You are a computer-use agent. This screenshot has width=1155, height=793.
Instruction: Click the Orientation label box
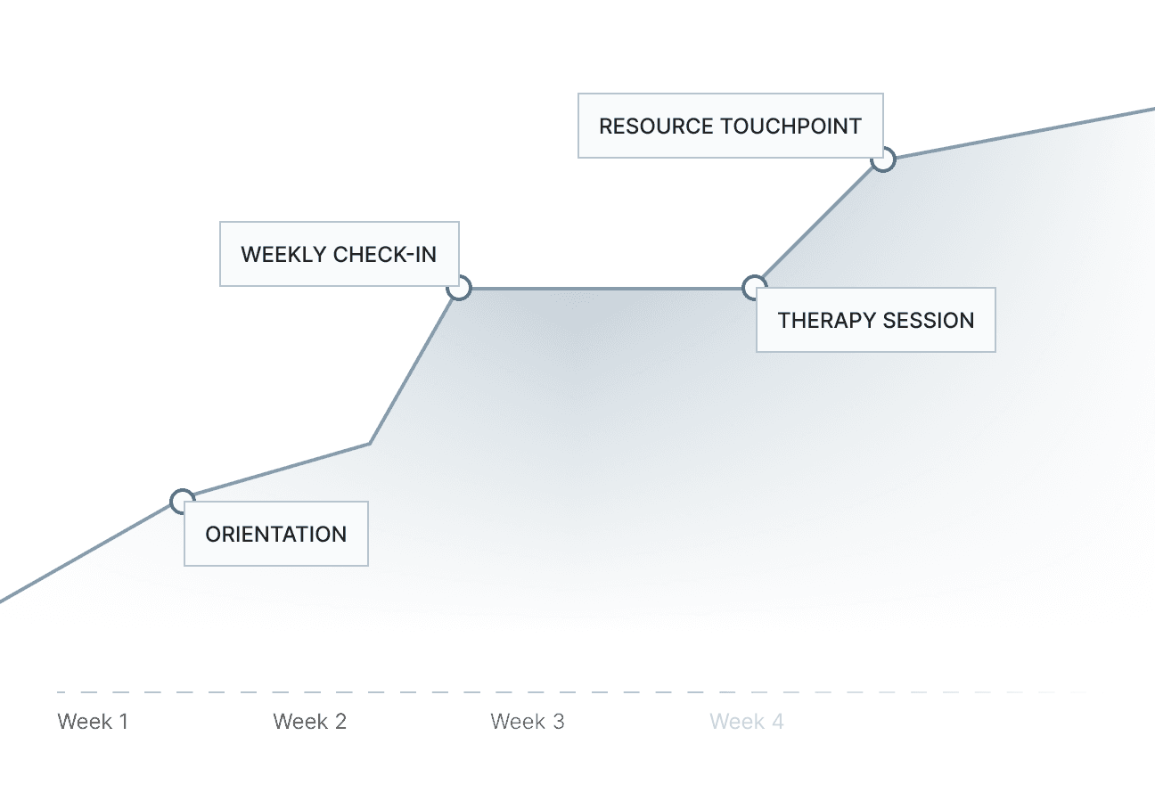(275, 534)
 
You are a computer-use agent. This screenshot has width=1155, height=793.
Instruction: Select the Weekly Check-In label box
(339, 254)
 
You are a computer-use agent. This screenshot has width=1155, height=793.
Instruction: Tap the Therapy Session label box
(875, 320)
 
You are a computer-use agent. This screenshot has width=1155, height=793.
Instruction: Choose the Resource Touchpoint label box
(730, 126)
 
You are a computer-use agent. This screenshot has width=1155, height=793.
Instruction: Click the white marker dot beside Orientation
(182, 500)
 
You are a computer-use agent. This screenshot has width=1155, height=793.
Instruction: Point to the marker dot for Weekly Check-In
(459, 288)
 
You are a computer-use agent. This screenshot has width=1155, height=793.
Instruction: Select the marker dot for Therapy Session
(754, 287)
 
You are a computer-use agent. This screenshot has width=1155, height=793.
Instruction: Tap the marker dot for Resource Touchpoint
(882, 159)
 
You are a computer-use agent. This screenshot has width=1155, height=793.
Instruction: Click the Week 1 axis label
(93, 721)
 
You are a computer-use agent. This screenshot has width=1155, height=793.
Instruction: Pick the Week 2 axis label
(309, 721)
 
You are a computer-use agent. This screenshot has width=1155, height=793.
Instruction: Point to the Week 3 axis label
(527, 721)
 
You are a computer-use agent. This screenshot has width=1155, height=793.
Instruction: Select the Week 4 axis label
(746, 721)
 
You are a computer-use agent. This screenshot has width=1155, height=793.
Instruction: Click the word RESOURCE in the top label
(656, 126)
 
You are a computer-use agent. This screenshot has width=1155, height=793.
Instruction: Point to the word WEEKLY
(283, 254)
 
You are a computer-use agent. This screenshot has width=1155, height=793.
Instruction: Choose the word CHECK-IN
(385, 254)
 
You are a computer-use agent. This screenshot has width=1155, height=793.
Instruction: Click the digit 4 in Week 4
(778, 721)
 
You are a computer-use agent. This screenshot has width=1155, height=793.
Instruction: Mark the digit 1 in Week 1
(124, 721)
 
